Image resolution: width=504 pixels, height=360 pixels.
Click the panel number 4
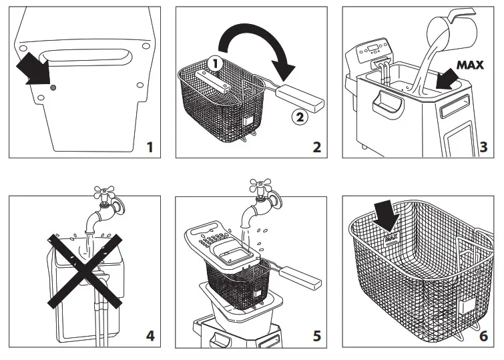(150, 335)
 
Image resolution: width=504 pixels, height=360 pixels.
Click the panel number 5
(316, 335)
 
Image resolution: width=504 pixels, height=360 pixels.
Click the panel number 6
(483, 335)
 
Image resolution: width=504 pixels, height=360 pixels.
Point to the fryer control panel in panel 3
(370, 49)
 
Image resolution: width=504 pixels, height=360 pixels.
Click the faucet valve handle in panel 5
(262, 187)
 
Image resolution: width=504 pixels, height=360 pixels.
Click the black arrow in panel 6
(385, 216)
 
